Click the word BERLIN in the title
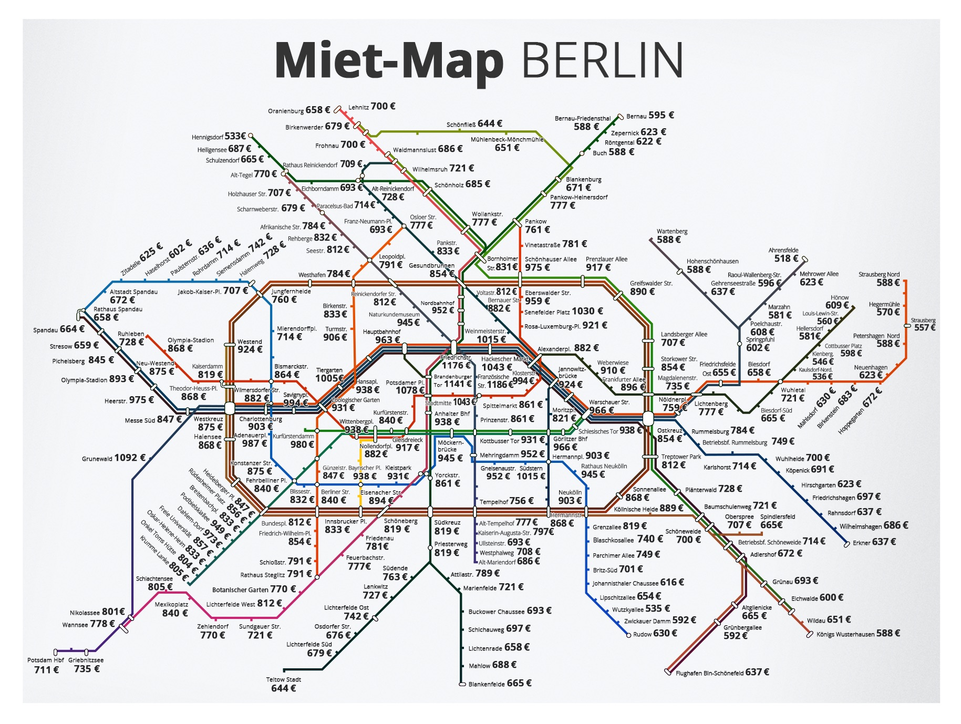602,60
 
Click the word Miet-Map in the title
389,61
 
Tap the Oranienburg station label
285,111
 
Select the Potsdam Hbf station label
46,660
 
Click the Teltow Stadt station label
283,679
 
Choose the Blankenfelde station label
487,684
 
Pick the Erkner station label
861,543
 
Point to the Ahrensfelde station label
783,250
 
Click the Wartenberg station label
671,231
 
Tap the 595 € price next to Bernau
661,115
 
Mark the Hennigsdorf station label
207,137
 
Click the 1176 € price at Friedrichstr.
453,366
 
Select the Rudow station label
642,634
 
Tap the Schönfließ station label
461,125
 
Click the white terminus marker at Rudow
628,635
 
